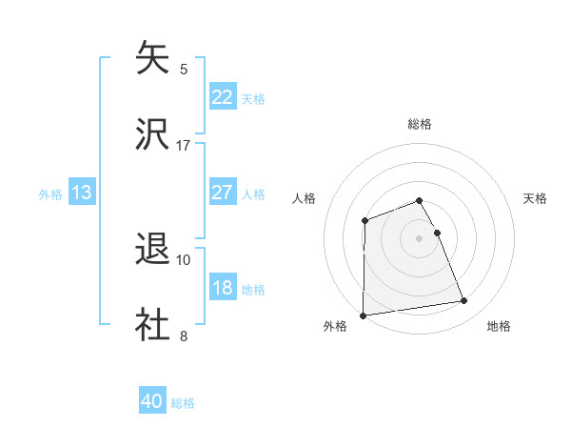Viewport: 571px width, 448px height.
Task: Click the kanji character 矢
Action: pos(153,58)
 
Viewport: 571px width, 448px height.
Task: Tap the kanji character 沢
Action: pos(153,134)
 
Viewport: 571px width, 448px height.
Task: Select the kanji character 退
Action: pos(153,249)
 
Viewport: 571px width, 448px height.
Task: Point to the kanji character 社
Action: pos(153,325)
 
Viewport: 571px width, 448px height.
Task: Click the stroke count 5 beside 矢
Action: pos(184,69)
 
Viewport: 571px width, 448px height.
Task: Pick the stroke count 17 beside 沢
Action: pos(184,145)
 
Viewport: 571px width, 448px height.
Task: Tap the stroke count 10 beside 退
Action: pos(184,259)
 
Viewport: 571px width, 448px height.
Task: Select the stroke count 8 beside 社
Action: pos(184,336)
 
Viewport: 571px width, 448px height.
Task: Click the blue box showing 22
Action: pos(223,96)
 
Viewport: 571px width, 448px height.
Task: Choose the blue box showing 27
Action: pos(223,193)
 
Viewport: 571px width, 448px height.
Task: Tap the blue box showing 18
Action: pos(223,288)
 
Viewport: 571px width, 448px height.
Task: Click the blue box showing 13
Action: pos(82,193)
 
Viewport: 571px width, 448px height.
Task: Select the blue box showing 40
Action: pos(152,401)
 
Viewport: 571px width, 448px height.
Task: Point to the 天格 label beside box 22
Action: pos(253,98)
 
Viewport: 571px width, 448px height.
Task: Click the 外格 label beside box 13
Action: pos(50,194)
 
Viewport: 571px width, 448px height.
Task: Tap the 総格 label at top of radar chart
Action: pos(420,124)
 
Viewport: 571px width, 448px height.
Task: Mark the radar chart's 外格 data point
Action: pos(364,316)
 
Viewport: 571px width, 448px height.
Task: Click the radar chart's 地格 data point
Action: pos(464,301)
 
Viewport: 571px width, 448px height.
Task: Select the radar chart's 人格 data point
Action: pos(364,221)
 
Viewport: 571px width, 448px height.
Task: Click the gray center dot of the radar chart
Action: pos(420,238)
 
